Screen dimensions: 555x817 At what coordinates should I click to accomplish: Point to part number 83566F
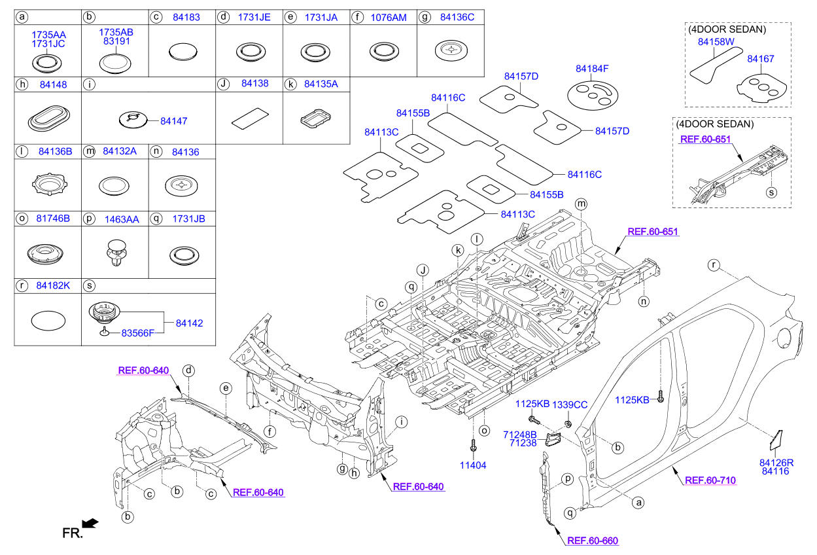pyautogui.click(x=137, y=333)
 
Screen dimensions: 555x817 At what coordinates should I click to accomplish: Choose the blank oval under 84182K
pyautogui.click(x=48, y=321)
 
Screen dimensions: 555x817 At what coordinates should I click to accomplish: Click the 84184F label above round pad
pyautogui.click(x=592, y=68)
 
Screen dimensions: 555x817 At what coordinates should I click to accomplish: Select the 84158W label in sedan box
pyautogui.click(x=716, y=42)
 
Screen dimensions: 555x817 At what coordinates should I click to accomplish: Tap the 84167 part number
pyautogui.click(x=760, y=59)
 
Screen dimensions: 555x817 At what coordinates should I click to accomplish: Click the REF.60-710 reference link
pyautogui.click(x=710, y=480)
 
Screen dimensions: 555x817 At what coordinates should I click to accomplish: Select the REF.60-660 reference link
pyautogui.click(x=592, y=541)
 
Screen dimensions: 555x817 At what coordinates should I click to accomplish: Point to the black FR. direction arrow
pyautogui.click(x=92, y=522)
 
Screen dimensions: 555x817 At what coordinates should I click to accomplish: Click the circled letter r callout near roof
pyautogui.click(x=714, y=265)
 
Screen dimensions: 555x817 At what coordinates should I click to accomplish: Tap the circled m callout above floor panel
pyautogui.click(x=581, y=205)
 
